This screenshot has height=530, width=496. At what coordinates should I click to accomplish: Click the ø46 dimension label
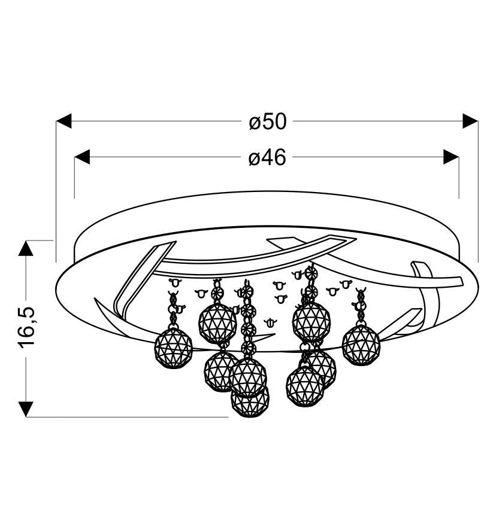[x=267, y=157]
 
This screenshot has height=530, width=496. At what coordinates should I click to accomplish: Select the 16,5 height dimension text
[x=27, y=328]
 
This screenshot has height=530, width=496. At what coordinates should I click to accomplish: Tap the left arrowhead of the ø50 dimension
[x=63, y=121]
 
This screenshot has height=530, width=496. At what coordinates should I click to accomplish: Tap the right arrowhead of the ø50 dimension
[x=470, y=121]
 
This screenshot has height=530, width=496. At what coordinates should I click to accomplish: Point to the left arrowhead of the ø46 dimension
[x=82, y=157]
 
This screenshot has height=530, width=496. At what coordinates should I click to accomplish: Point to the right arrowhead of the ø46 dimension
[x=451, y=157]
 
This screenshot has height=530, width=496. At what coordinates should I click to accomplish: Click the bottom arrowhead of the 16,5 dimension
[x=26, y=409]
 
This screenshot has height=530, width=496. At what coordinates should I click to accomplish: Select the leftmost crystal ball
[x=173, y=348]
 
